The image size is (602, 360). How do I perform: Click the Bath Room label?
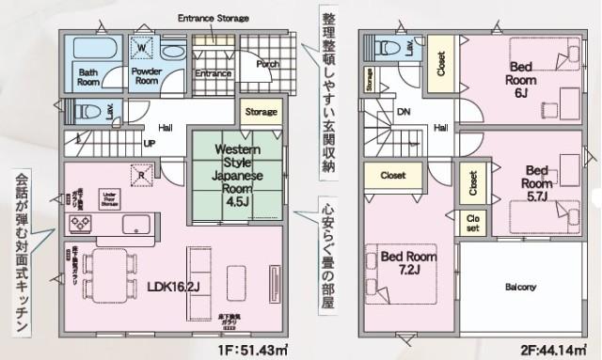[89, 76]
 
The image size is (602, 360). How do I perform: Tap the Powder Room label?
[145, 76]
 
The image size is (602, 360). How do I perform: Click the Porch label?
[267, 65]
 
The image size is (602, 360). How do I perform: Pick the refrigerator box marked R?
[140, 175]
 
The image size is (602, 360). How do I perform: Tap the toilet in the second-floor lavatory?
[385, 47]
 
